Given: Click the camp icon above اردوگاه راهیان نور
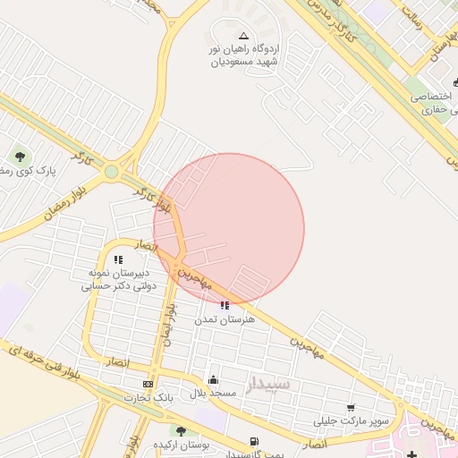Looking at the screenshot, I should tap(244, 36).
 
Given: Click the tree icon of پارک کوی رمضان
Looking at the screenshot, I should tap(20, 157).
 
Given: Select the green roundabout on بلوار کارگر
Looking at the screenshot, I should tap(111, 172).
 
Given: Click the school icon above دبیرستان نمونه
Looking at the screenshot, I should tap(118, 259).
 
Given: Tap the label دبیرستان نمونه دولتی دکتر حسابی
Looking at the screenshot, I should tap(118, 279).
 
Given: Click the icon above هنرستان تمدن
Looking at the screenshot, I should tap(224, 305).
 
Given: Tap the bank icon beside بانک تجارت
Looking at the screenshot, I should tap(148, 384).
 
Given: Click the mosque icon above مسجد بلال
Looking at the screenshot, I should tap(213, 379).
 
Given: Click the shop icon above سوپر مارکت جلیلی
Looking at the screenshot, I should tap(350, 407).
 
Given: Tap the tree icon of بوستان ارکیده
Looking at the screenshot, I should tap(182, 431).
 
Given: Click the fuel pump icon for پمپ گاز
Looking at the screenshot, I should tap(255, 441).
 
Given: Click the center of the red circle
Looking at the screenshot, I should tap(229, 229).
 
